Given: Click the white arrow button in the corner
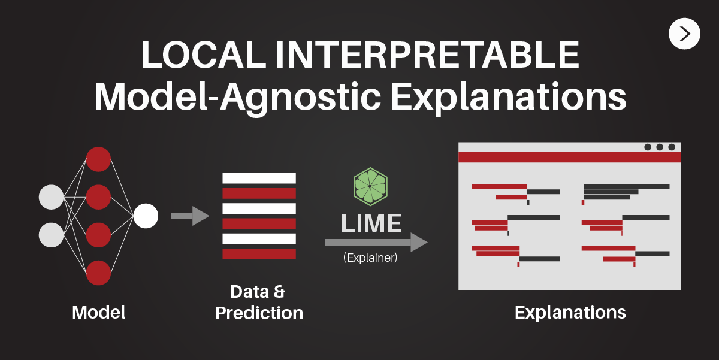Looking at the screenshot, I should (684, 34).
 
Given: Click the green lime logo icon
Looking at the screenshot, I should (370, 187).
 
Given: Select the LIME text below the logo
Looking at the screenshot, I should (371, 223).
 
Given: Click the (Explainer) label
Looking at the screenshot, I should (370, 259).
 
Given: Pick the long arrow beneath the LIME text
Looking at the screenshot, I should (376, 242).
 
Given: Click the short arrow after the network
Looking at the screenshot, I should (189, 216).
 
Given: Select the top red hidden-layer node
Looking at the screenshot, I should (98, 159).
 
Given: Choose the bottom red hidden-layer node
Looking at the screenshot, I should (98, 273).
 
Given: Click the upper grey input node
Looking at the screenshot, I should (51, 197).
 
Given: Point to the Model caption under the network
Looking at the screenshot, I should (99, 312).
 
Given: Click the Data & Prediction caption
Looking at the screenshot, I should (259, 302).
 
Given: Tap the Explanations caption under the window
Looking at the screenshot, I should (570, 312).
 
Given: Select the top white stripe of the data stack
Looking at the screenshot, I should (259, 178).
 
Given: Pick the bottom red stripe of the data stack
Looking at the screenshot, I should (259, 254).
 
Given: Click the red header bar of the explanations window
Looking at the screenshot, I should (569, 157).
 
